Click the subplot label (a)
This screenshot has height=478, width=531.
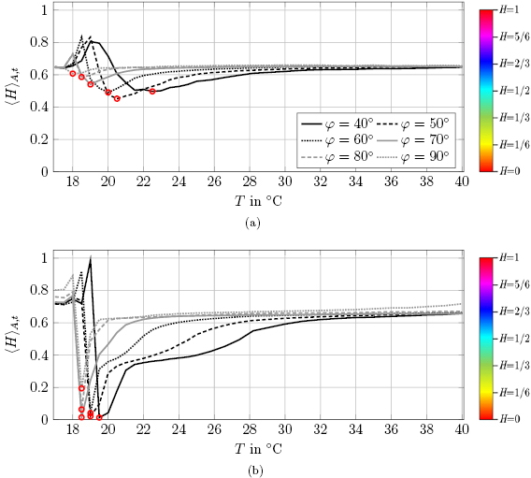click(x=251, y=224)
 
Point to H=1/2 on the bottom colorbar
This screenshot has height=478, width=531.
click(x=510, y=338)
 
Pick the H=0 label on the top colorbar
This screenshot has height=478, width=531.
click(x=509, y=171)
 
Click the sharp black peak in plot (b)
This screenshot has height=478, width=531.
click(x=90, y=258)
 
